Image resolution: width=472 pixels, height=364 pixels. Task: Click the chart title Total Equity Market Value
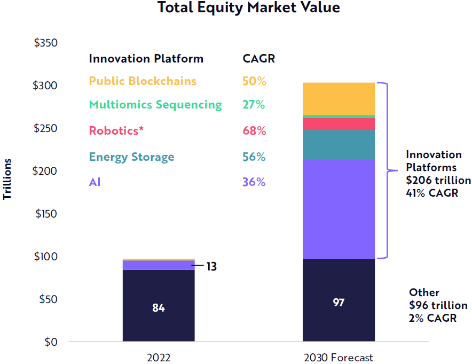tap(249, 7)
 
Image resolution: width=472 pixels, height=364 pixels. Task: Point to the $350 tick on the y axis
tap(45, 42)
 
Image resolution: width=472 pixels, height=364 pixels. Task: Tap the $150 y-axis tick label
tap(46, 214)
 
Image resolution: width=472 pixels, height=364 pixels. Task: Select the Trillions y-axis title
tap(7, 179)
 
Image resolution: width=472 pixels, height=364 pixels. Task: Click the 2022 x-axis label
tap(159, 358)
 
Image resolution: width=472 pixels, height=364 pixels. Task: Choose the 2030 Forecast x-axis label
tap(339, 358)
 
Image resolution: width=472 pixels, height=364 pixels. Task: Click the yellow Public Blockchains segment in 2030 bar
tap(339, 98)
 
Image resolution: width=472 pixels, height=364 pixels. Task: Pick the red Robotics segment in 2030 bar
tap(339, 124)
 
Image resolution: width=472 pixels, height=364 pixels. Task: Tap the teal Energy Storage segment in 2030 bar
tap(339, 144)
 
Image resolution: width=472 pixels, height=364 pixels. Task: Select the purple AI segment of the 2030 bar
tap(339, 209)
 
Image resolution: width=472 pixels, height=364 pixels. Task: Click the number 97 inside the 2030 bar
tap(339, 302)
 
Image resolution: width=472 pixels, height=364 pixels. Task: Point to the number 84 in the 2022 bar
tap(159, 308)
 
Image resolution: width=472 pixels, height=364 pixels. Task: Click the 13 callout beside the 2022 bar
tap(211, 266)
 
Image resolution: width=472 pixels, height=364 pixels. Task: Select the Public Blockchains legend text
tap(143, 81)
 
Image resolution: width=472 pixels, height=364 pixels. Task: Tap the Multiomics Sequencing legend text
tap(155, 105)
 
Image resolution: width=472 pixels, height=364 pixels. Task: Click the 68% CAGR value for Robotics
tap(254, 131)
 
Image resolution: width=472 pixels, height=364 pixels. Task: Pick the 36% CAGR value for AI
tap(254, 182)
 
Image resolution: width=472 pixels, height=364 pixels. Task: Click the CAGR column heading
tap(258, 58)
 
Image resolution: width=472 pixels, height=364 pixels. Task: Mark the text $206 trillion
tap(438, 180)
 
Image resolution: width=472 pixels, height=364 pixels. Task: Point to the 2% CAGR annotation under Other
tap(432, 318)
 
